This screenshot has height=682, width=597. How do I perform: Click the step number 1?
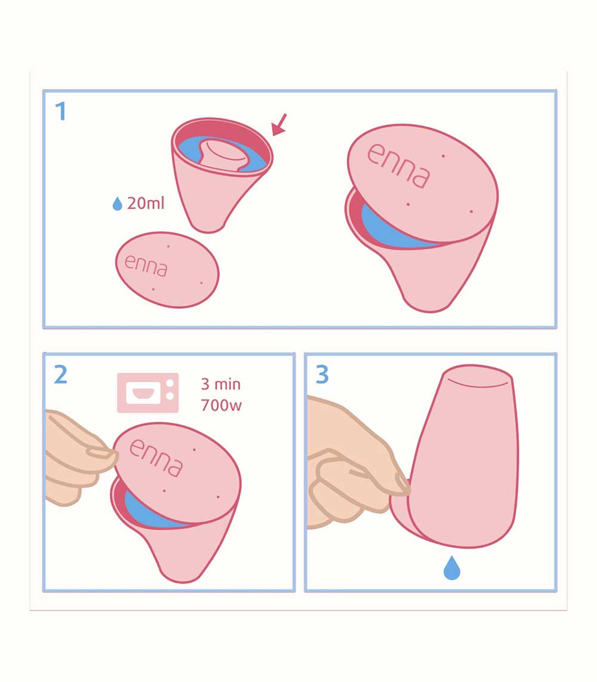click(x=61, y=111)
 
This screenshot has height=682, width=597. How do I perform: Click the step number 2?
click(x=61, y=374)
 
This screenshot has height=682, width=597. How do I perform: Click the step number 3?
click(x=322, y=374)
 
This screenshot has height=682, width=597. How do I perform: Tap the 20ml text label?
click(x=146, y=203)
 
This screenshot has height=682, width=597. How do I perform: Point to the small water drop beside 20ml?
click(x=118, y=204)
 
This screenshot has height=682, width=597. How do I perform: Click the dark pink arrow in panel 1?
click(x=279, y=124)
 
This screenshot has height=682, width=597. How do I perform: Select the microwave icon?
click(x=148, y=393)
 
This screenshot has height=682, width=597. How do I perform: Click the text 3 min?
click(x=220, y=384)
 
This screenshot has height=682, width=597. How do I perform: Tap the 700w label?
click(x=221, y=405)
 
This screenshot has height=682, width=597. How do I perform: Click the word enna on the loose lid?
click(x=146, y=265)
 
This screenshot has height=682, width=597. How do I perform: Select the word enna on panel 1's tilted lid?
click(x=399, y=165)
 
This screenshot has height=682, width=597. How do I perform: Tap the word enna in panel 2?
click(x=156, y=457)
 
